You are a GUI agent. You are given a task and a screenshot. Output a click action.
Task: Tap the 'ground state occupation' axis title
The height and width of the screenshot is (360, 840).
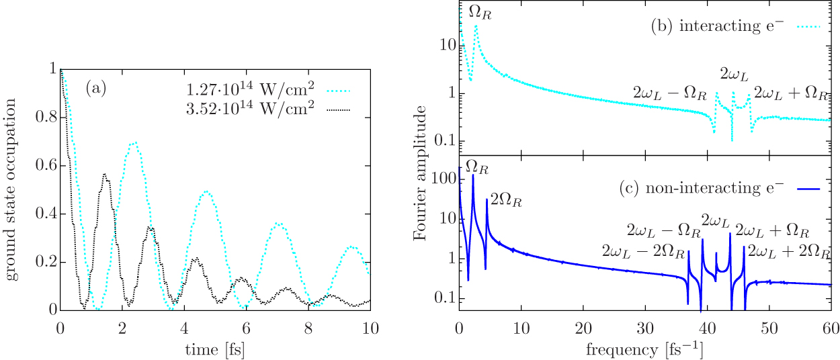(x=11, y=189)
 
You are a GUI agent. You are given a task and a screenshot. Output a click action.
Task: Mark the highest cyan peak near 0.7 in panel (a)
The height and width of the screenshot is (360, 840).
(x=135, y=142)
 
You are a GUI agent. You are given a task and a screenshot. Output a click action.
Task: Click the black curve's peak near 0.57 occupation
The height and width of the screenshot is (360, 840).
(x=105, y=174)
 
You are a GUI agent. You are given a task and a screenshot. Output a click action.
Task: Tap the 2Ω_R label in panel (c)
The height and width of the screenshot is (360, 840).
(x=503, y=199)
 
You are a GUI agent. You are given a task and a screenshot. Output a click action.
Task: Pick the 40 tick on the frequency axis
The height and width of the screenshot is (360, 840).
(x=706, y=329)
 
